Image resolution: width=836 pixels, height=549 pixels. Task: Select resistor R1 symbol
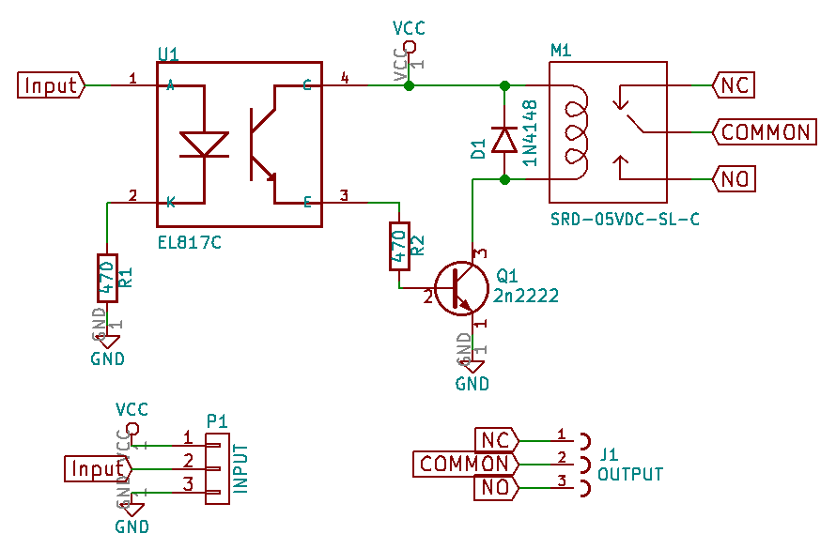[x=108, y=278]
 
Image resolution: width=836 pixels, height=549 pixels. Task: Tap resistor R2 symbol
[x=400, y=246]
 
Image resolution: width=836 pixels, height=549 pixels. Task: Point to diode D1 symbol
[x=504, y=140]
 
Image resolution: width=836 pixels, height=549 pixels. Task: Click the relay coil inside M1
[x=573, y=131]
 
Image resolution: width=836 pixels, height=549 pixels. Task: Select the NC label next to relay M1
[x=733, y=85]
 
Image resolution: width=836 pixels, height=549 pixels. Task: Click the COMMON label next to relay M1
[x=764, y=131]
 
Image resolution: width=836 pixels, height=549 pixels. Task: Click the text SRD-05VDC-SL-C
[x=626, y=219]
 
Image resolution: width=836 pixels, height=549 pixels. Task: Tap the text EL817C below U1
[x=190, y=242]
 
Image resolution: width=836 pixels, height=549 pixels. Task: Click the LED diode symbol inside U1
[x=203, y=145]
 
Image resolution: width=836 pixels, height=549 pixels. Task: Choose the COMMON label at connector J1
[x=464, y=464]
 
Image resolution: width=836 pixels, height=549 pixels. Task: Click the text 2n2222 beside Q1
[x=526, y=296]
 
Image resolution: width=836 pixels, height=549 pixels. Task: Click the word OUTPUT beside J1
[x=630, y=474]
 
